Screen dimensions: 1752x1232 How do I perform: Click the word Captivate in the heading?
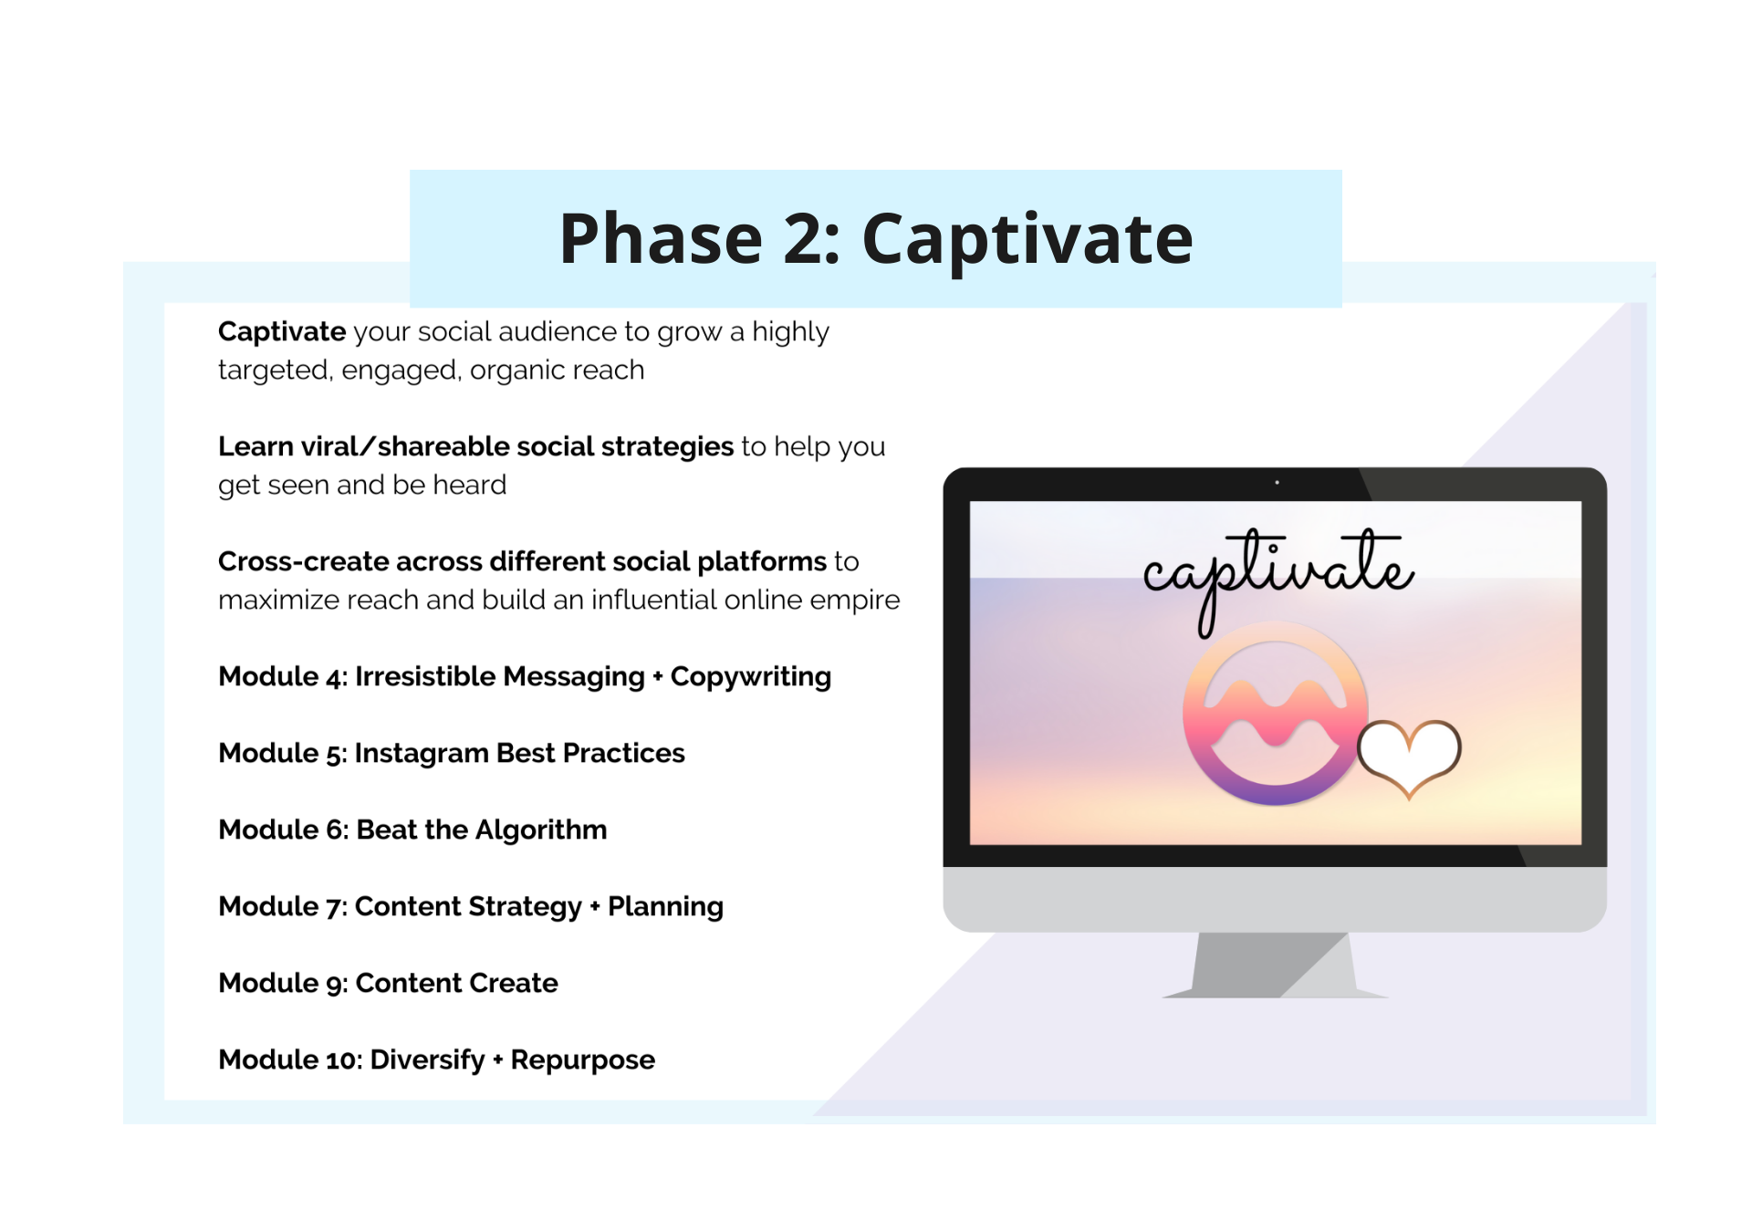tap(1027, 239)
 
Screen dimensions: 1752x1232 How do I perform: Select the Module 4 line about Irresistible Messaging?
tap(525, 676)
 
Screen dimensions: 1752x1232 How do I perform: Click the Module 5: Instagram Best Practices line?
tap(452, 753)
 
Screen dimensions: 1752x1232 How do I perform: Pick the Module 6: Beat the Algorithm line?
tap(412, 830)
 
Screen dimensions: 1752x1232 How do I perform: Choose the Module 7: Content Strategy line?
tap(471, 906)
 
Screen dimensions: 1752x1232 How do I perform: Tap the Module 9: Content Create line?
tap(388, 983)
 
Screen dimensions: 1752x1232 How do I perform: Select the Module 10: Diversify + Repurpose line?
tap(436, 1060)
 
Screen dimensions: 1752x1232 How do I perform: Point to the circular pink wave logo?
tap(1275, 714)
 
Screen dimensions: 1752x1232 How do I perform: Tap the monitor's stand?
tap(1274, 965)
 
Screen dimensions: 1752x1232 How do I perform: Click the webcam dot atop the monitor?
tap(1277, 482)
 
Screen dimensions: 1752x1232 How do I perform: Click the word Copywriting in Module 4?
tap(751, 677)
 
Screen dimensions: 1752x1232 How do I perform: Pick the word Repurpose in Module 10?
tap(583, 1060)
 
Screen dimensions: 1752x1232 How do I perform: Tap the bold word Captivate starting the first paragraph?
tap(282, 332)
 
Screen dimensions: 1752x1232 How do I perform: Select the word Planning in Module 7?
tap(666, 907)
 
